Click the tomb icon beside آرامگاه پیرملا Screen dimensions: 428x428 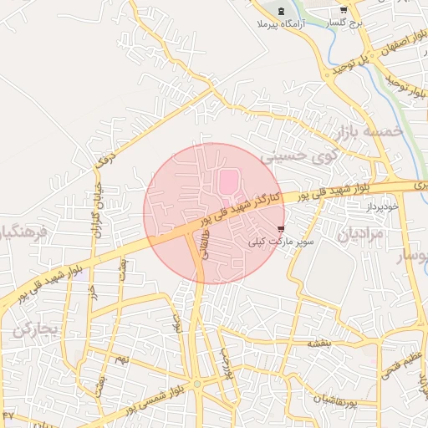(x=280, y=12)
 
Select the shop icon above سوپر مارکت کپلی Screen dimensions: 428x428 (x=280, y=227)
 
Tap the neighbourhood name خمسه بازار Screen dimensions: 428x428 (x=369, y=132)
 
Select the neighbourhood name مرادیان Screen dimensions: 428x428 (x=360, y=235)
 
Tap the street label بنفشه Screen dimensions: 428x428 (x=319, y=344)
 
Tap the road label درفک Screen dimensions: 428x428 (x=103, y=158)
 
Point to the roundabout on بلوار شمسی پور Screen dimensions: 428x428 (x=197, y=384)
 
